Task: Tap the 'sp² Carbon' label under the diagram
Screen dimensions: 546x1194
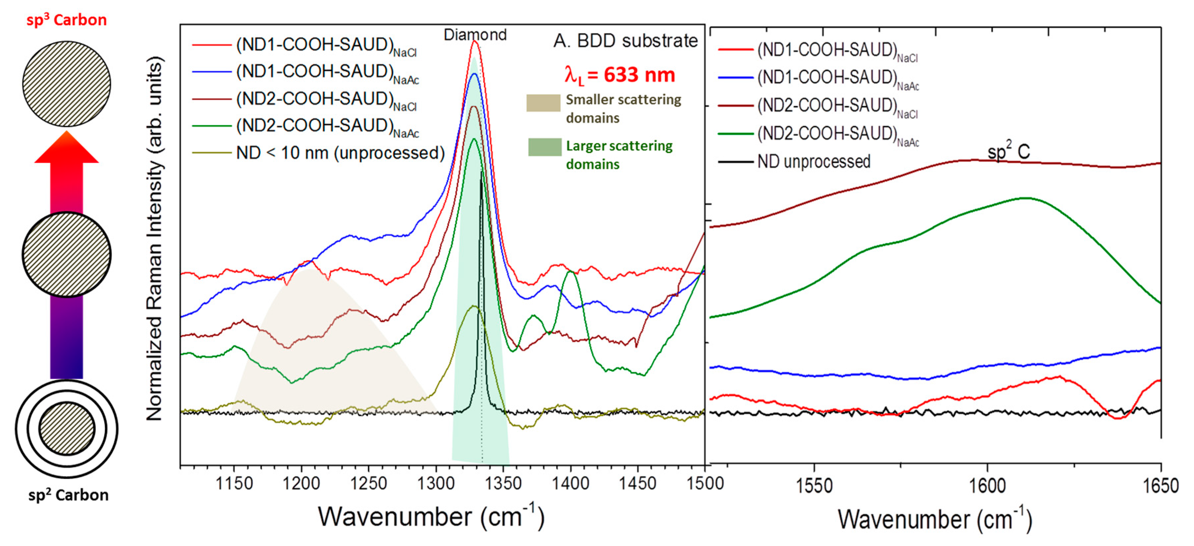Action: pos(68,495)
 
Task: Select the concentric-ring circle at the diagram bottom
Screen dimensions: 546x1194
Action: pos(67,429)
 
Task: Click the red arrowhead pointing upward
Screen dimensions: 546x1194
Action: pos(67,147)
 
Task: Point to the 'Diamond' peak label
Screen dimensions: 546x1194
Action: pos(475,35)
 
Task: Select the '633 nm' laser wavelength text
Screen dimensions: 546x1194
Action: pos(639,75)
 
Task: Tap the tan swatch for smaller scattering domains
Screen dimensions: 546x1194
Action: pos(543,103)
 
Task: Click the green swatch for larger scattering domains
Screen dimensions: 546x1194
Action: pos(545,147)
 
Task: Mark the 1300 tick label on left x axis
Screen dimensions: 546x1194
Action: pos(436,484)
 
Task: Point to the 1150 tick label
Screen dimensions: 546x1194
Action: pos(234,484)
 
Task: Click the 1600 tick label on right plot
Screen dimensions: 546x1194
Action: pos(987,486)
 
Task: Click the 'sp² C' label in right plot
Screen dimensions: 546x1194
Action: pos(1008,151)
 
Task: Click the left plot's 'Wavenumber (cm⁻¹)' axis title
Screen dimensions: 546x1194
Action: pos(431,516)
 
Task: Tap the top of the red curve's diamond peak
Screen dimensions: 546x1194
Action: pos(475,42)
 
